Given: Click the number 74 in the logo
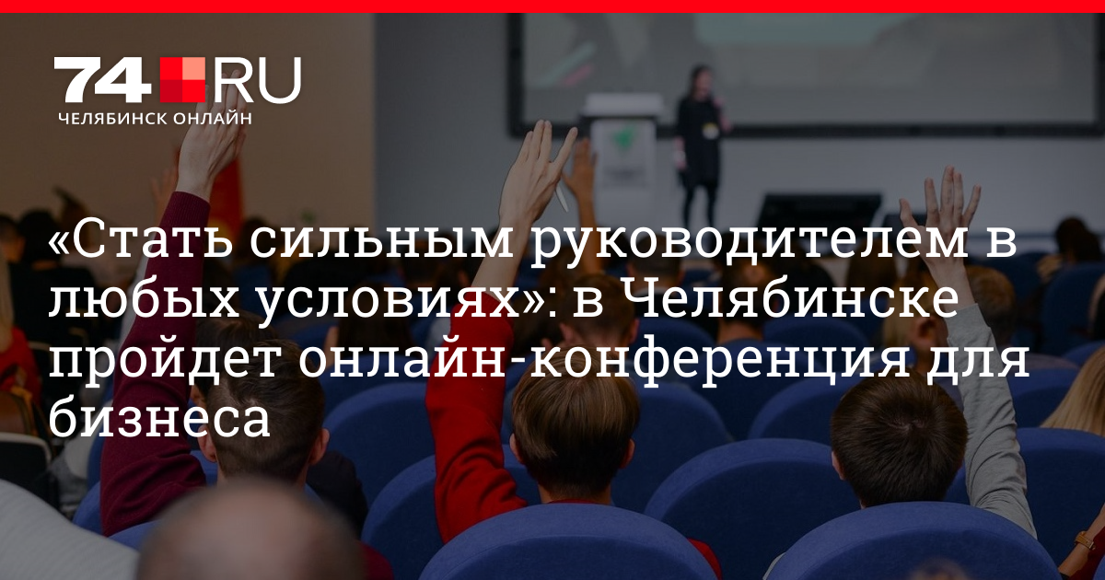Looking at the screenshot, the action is (x=102, y=80).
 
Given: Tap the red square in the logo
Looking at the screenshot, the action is (x=182, y=80).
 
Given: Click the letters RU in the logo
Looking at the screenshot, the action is (x=256, y=80).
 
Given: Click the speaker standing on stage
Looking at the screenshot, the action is (x=702, y=143).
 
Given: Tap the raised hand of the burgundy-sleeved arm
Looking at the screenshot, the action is (x=211, y=133).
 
